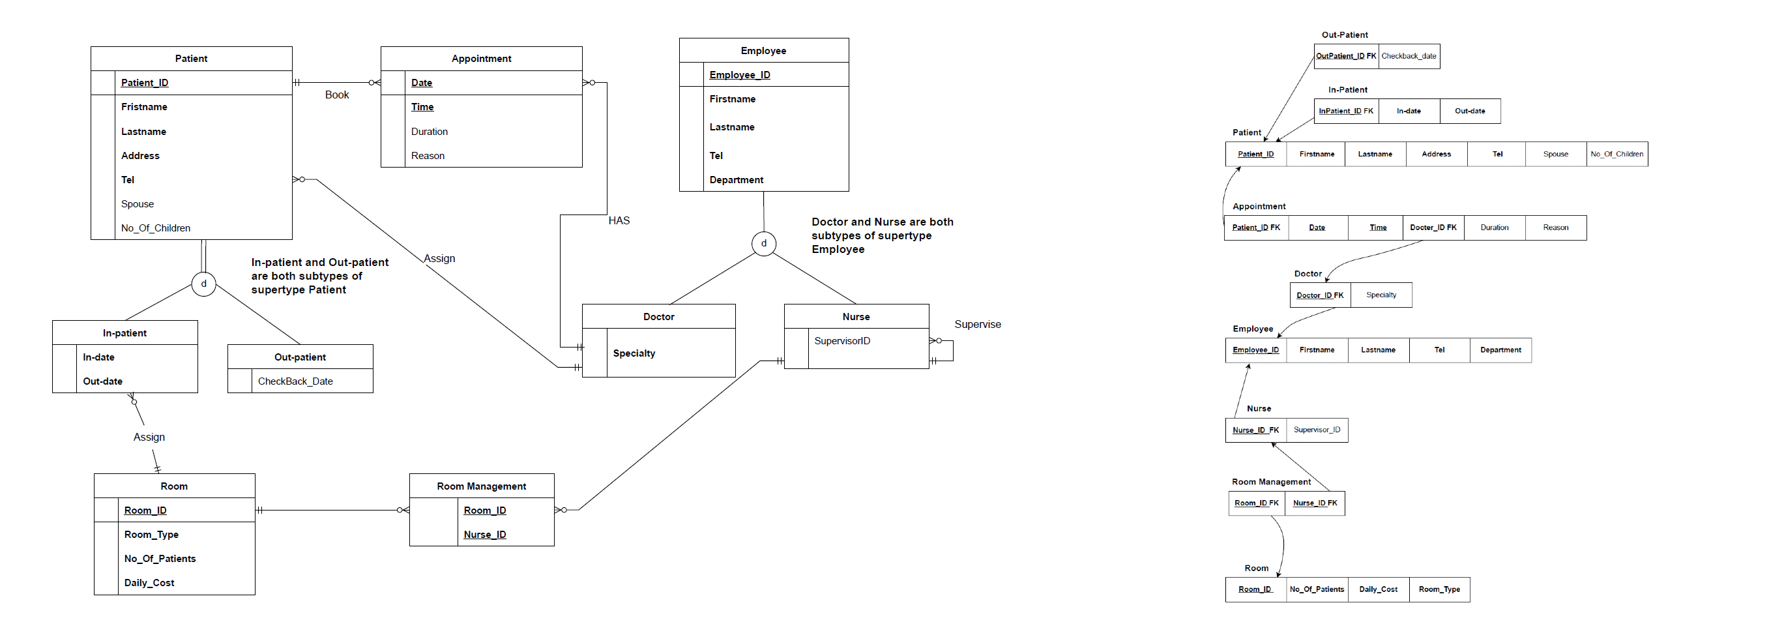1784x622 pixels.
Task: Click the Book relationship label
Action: tap(336, 95)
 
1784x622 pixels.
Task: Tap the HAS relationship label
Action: tap(619, 220)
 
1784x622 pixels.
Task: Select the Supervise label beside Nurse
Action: tap(977, 324)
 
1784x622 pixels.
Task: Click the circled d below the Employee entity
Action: tap(764, 243)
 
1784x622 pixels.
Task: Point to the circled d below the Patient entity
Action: tap(203, 284)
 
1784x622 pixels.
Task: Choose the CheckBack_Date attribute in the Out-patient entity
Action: tap(295, 381)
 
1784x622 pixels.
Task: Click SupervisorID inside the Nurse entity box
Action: tap(842, 341)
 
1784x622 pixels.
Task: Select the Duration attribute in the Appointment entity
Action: tap(430, 132)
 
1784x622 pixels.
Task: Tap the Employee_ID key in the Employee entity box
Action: tap(740, 75)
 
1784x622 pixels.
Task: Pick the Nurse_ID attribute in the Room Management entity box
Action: tap(485, 535)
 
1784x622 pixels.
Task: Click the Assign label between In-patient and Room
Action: tap(149, 437)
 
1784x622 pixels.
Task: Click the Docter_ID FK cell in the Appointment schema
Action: tap(1433, 227)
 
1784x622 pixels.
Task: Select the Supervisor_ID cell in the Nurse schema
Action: tap(1317, 430)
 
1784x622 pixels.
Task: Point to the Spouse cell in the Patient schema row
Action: tap(1555, 154)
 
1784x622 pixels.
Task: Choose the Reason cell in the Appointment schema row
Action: tap(1555, 227)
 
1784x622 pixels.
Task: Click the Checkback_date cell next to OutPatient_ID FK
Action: tap(1409, 56)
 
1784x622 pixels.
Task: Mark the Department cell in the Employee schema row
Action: tap(1500, 349)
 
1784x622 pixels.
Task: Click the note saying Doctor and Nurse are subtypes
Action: tap(883, 235)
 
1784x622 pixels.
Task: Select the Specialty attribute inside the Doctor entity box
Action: tap(634, 353)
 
